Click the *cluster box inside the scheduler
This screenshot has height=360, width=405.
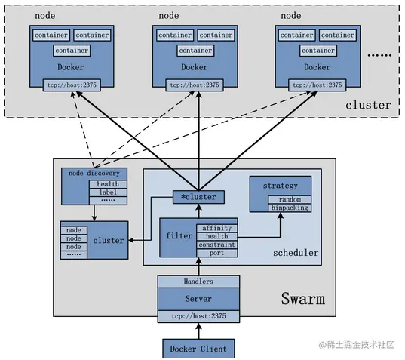[x=198, y=197]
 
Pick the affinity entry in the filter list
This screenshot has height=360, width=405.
[x=216, y=227]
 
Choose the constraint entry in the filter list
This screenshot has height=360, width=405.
[x=216, y=245]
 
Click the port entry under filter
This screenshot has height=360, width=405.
[x=216, y=253]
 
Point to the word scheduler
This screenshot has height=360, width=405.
[x=296, y=253]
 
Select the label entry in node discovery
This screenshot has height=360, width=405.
[x=108, y=192]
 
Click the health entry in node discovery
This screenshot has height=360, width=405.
[x=108, y=183]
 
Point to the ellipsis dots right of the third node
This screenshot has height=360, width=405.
[x=378, y=55]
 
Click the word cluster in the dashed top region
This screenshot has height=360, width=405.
[x=368, y=104]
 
